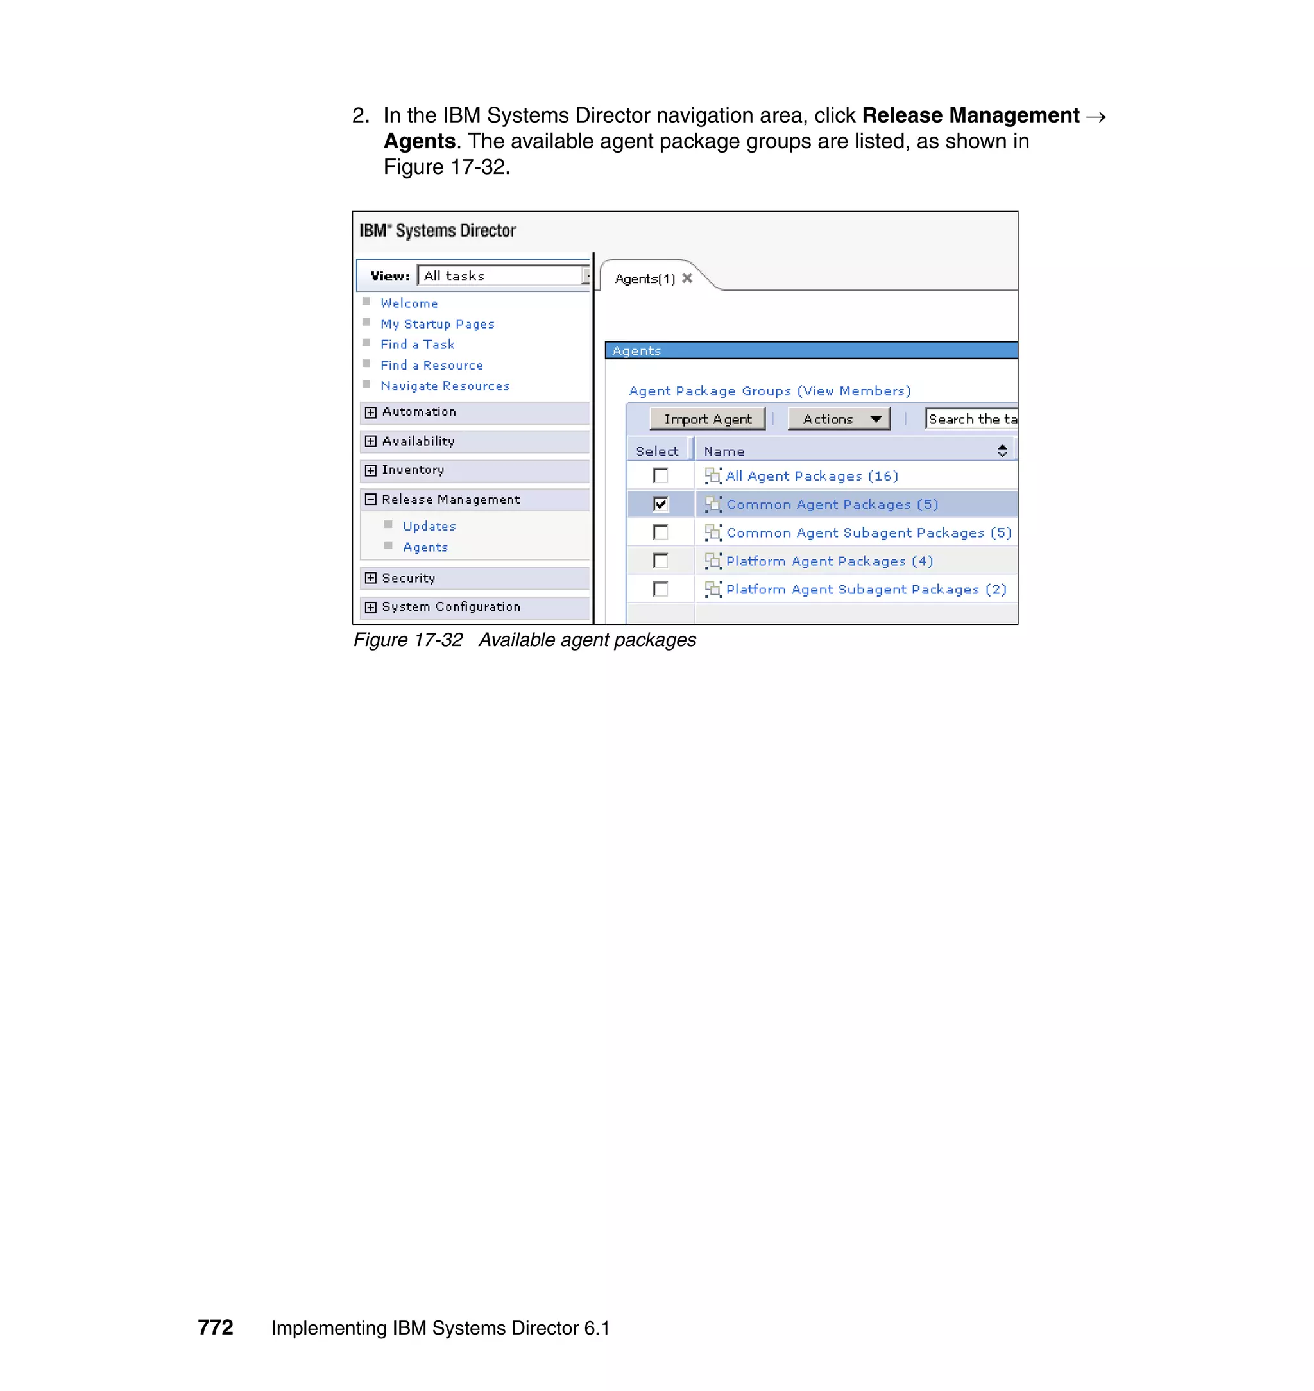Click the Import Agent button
708,419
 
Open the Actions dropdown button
839,419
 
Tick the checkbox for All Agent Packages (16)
660,475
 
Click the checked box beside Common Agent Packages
660,504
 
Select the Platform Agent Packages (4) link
830,561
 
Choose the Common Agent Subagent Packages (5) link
869,533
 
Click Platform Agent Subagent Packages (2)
866,590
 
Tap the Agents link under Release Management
425,548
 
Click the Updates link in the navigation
429,527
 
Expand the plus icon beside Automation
371,413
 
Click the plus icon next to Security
371,578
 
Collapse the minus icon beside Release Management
371,499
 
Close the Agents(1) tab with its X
687,278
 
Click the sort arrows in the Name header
1002,451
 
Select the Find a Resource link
431,366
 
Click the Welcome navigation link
409,303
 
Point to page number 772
215,1327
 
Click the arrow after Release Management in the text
1095,116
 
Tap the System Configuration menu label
451,606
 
